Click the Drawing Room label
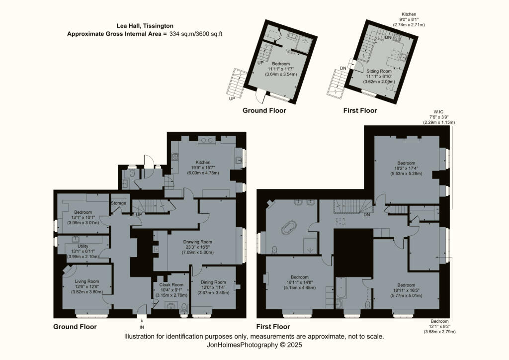click(x=197, y=242)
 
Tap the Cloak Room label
click(x=171, y=285)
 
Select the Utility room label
click(x=83, y=246)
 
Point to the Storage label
click(x=118, y=203)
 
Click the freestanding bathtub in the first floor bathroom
click(x=289, y=228)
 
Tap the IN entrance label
click(x=142, y=327)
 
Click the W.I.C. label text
click(x=438, y=112)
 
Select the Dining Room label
click(x=213, y=282)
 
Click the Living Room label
click(x=86, y=281)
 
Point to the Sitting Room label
click(x=379, y=71)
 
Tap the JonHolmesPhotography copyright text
click(x=254, y=345)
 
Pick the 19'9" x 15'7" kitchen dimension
click(x=203, y=168)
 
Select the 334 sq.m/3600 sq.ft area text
click(x=196, y=34)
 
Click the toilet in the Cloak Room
click(x=184, y=307)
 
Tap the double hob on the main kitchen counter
click(x=207, y=140)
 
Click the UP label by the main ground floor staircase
click(x=139, y=215)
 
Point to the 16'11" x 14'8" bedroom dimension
click(x=300, y=282)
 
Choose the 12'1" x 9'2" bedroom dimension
click(x=439, y=326)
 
